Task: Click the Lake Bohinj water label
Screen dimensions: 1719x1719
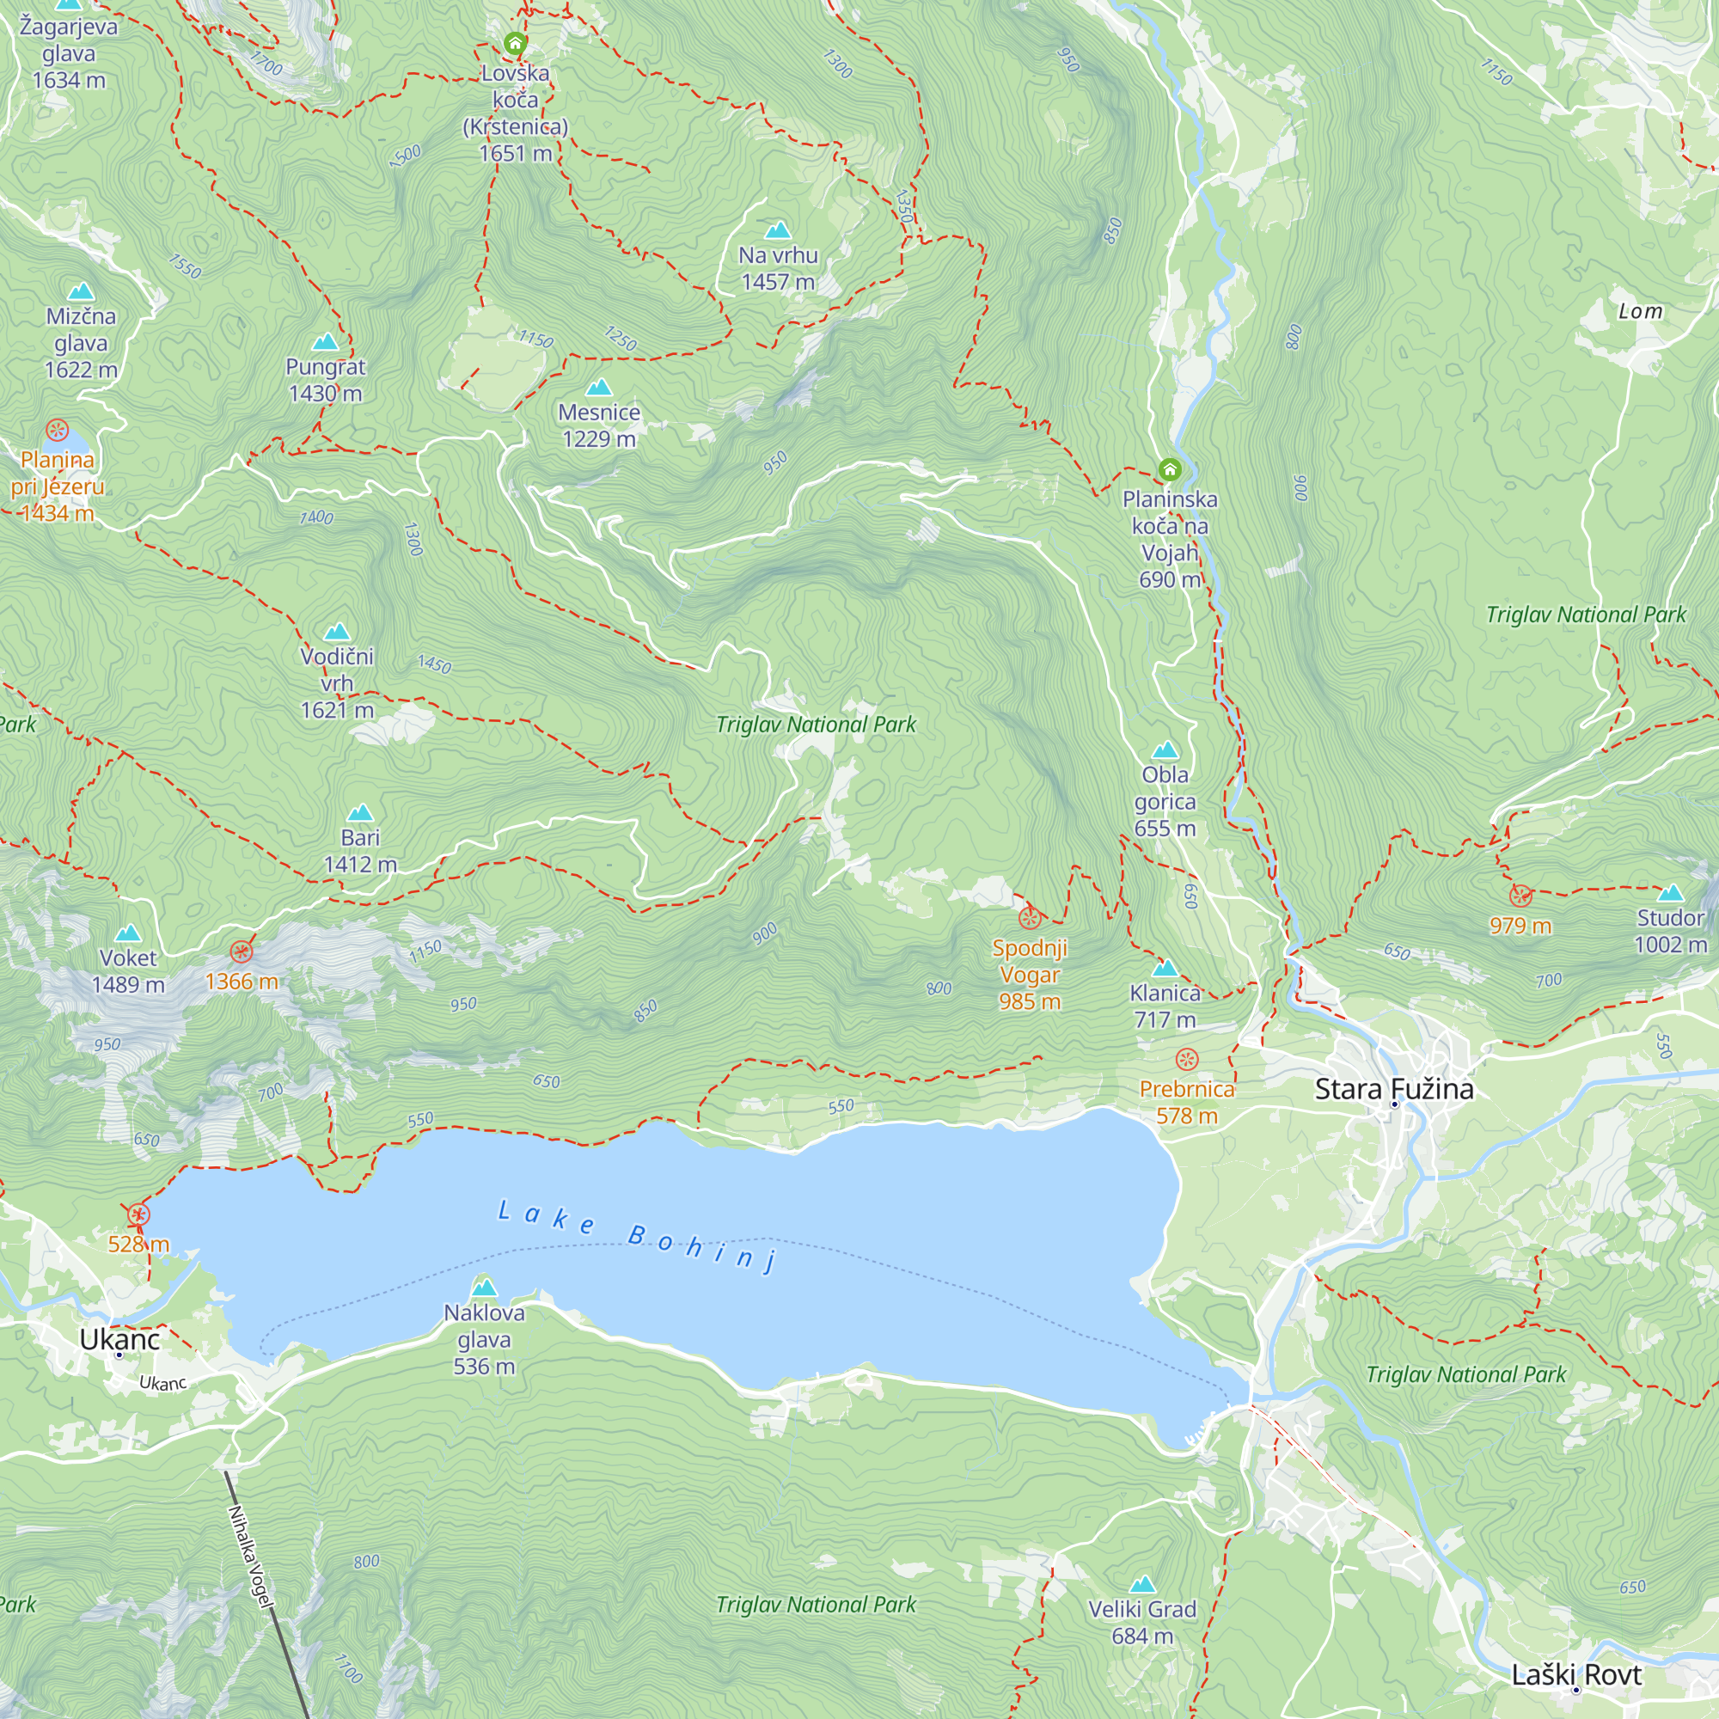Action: (x=636, y=1236)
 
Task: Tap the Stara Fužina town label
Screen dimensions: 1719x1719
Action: (x=1393, y=1088)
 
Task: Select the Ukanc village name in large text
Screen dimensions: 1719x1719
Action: (x=119, y=1339)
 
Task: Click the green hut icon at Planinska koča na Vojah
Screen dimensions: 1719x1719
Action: (x=1169, y=469)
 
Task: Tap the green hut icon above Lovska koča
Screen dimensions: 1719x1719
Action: (x=514, y=42)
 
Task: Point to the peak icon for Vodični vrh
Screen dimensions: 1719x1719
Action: (x=336, y=632)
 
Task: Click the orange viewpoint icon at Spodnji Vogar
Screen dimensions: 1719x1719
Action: (x=1030, y=917)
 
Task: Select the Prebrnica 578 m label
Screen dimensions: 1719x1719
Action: (x=1186, y=1102)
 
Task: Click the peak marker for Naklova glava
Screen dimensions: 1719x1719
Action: (x=484, y=1288)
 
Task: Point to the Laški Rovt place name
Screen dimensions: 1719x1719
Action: (x=1575, y=1674)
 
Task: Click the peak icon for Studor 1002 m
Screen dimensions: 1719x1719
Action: (x=1670, y=892)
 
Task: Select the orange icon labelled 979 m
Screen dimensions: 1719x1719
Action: (x=1520, y=895)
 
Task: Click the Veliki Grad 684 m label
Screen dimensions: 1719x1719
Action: (x=1141, y=1622)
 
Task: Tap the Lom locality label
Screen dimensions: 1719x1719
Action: (x=1640, y=311)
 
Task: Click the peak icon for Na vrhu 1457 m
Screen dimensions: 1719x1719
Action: (x=778, y=230)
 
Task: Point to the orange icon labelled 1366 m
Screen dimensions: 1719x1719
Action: (x=242, y=952)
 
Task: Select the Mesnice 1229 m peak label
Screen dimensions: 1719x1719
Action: (x=599, y=425)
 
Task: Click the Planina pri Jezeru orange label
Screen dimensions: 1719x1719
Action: (x=57, y=486)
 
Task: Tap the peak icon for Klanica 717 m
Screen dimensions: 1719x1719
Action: (x=1164, y=968)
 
